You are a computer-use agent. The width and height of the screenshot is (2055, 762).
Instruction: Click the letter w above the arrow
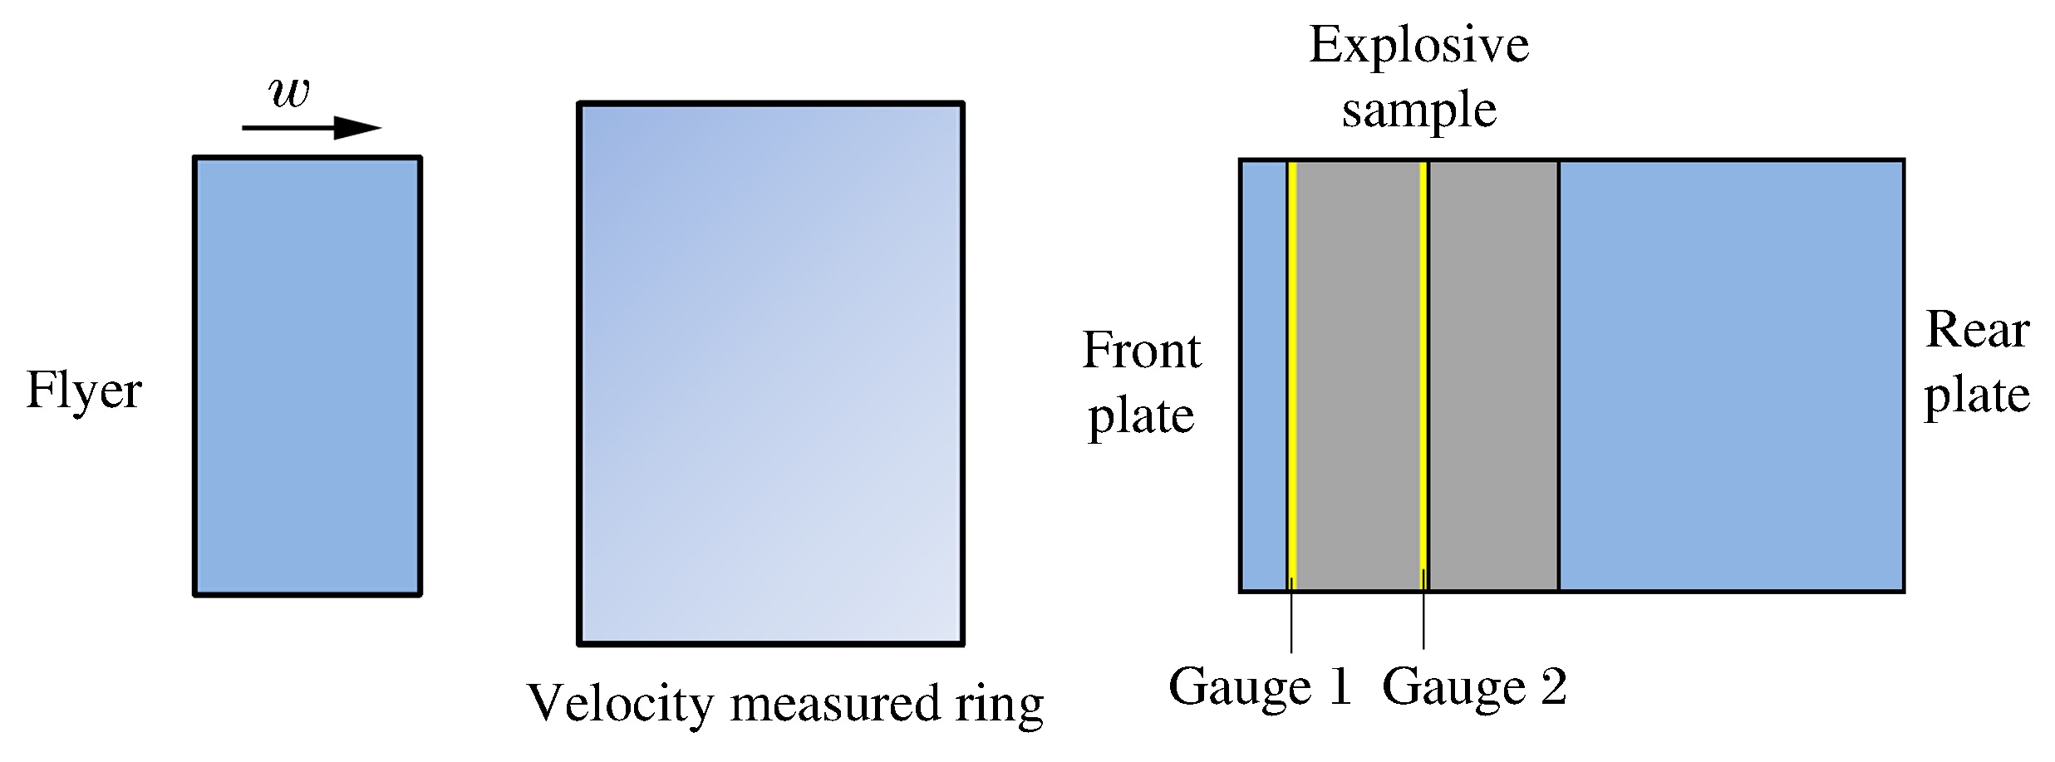[x=290, y=93]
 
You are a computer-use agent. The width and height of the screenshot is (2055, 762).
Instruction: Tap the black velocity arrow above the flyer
[x=311, y=128]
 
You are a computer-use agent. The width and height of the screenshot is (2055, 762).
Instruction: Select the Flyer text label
[x=84, y=390]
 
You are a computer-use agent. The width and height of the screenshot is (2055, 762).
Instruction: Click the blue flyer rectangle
[x=307, y=376]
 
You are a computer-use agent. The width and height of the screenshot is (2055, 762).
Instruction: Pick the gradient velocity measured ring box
[x=770, y=373]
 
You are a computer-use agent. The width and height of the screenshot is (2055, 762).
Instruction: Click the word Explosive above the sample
[x=1418, y=45]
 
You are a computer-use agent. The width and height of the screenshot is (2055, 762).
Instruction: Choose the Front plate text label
[x=1141, y=383]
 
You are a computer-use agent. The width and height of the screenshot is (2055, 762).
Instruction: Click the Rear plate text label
[x=1977, y=362]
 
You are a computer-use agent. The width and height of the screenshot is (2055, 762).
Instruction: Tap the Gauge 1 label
[x=1260, y=686]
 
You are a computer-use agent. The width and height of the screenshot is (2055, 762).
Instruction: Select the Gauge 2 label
[x=1474, y=686]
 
